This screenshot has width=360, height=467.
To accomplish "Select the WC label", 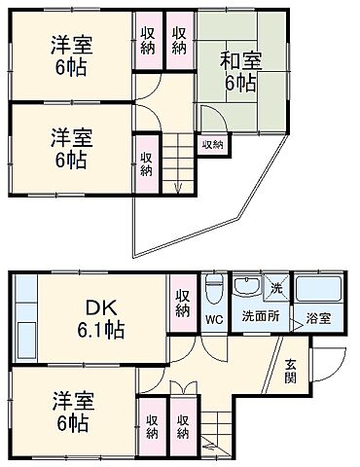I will point(213,318).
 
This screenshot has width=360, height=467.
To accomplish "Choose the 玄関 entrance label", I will point(291,372).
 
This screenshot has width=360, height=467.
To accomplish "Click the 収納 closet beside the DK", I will point(183,302).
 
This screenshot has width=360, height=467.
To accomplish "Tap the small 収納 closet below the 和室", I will point(212,145).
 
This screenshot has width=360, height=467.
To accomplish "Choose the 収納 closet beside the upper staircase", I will point(145,162).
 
